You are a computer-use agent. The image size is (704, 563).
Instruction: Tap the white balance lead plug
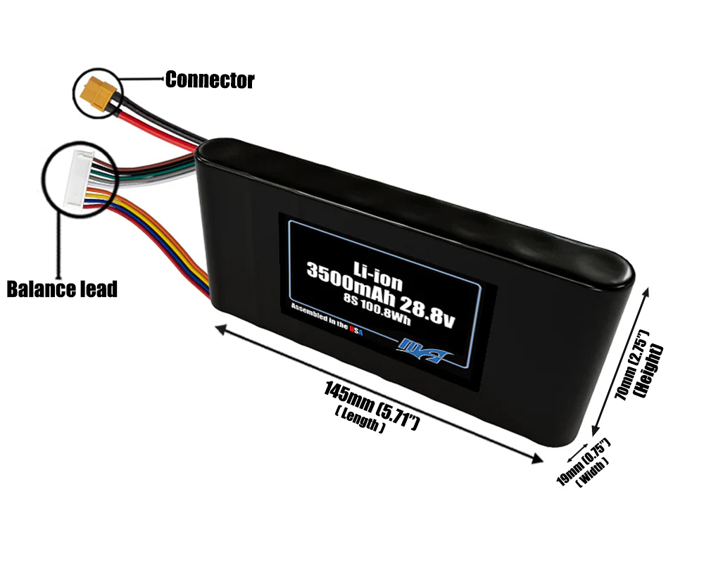coord(74,179)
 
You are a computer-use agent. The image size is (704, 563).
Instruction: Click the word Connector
coord(209,80)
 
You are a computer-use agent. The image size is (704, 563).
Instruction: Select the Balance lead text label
coord(62,289)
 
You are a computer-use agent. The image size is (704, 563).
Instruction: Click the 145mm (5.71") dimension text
coord(372,405)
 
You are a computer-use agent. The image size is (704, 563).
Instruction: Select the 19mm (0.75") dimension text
coord(582,462)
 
